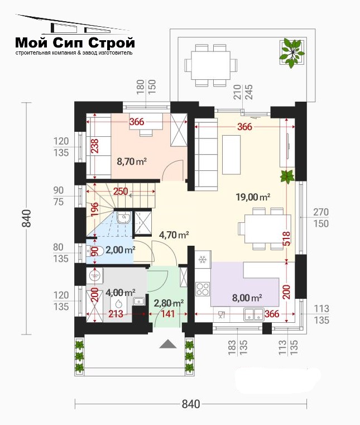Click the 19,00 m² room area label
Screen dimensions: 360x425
[x=253, y=197]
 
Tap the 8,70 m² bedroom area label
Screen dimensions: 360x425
[x=132, y=161]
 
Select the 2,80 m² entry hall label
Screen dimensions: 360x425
[x=169, y=303]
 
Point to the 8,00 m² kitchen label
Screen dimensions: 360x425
[x=247, y=298]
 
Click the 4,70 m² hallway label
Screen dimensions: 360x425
[x=174, y=235]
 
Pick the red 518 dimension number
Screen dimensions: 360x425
[x=287, y=238]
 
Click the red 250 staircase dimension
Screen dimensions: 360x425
[x=121, y=192]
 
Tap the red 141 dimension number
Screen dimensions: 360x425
[x=168, y=314]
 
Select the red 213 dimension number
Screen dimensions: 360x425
[x=116, y=314]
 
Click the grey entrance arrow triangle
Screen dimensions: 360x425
[x=168, y=343]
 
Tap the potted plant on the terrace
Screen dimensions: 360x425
[x=291, y=53]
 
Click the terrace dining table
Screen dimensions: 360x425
[x=211, y=65]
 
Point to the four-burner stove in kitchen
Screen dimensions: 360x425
[x=203, y=289]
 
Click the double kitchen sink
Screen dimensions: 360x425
[x=254, y=314]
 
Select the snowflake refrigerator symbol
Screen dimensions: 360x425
[x=203, y=259]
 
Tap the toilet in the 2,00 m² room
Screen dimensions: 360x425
[x=94, y=251]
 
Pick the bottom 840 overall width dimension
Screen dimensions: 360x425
[x=191, y=404]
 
